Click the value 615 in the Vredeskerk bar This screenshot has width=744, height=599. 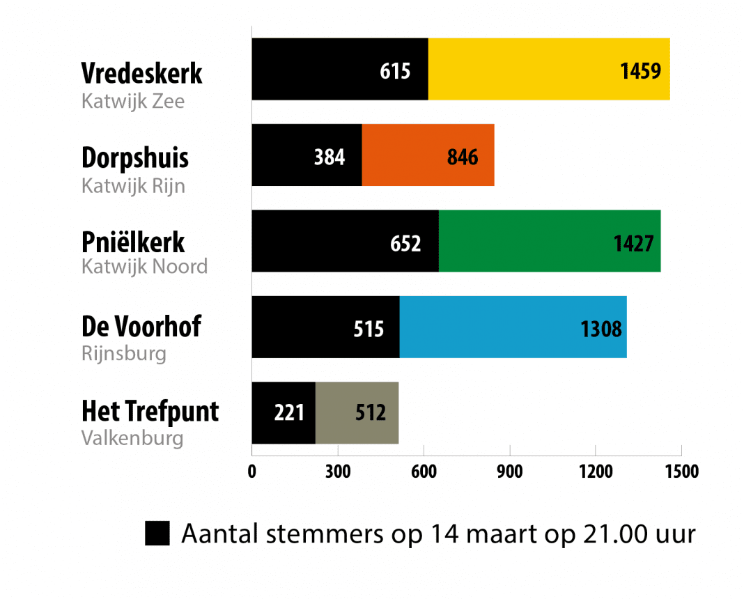[x=395, y=71]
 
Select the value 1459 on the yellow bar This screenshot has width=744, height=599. [x=640, y=71]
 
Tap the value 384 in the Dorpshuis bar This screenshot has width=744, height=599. [x=329, y=157]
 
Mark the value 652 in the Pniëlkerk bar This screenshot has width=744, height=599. [x=405, y=243]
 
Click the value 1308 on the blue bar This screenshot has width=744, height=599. [x=600, y=329]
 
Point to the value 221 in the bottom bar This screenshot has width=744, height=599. [x=288, y=414]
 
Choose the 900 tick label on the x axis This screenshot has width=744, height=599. [x=509, y=472]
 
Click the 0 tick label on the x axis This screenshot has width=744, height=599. [x=252, y=472]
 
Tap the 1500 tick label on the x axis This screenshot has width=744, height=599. [x=681, y=472]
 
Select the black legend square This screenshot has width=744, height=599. [x=157, y=534]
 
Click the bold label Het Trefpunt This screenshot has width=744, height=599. [x=150, y=412]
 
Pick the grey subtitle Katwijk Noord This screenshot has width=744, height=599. [x=144, y=267]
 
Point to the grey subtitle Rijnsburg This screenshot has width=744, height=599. [x=124, y=353]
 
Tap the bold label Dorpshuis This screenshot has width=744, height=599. [x=135, y=158]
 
